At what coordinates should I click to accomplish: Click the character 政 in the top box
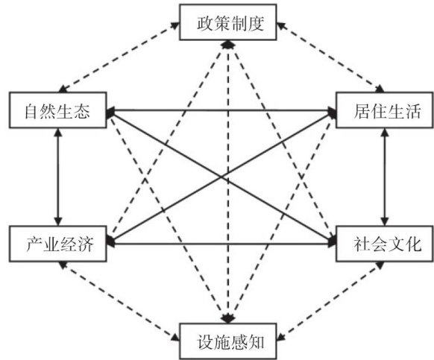(205, 23)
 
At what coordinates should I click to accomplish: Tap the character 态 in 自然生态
(82, 111)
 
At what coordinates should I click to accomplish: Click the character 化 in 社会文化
(413, 244)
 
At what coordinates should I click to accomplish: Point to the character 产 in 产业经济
(34, 244)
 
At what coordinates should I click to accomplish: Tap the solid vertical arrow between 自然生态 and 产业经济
(58, 177)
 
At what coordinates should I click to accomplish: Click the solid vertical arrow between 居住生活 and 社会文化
(385, 177)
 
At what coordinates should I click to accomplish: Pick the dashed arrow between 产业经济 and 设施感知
(119, 301)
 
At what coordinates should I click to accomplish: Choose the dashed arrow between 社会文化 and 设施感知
(330, 301)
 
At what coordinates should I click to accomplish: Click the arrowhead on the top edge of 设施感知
(228, 319)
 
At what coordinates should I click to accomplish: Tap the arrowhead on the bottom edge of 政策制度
(228, 45)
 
